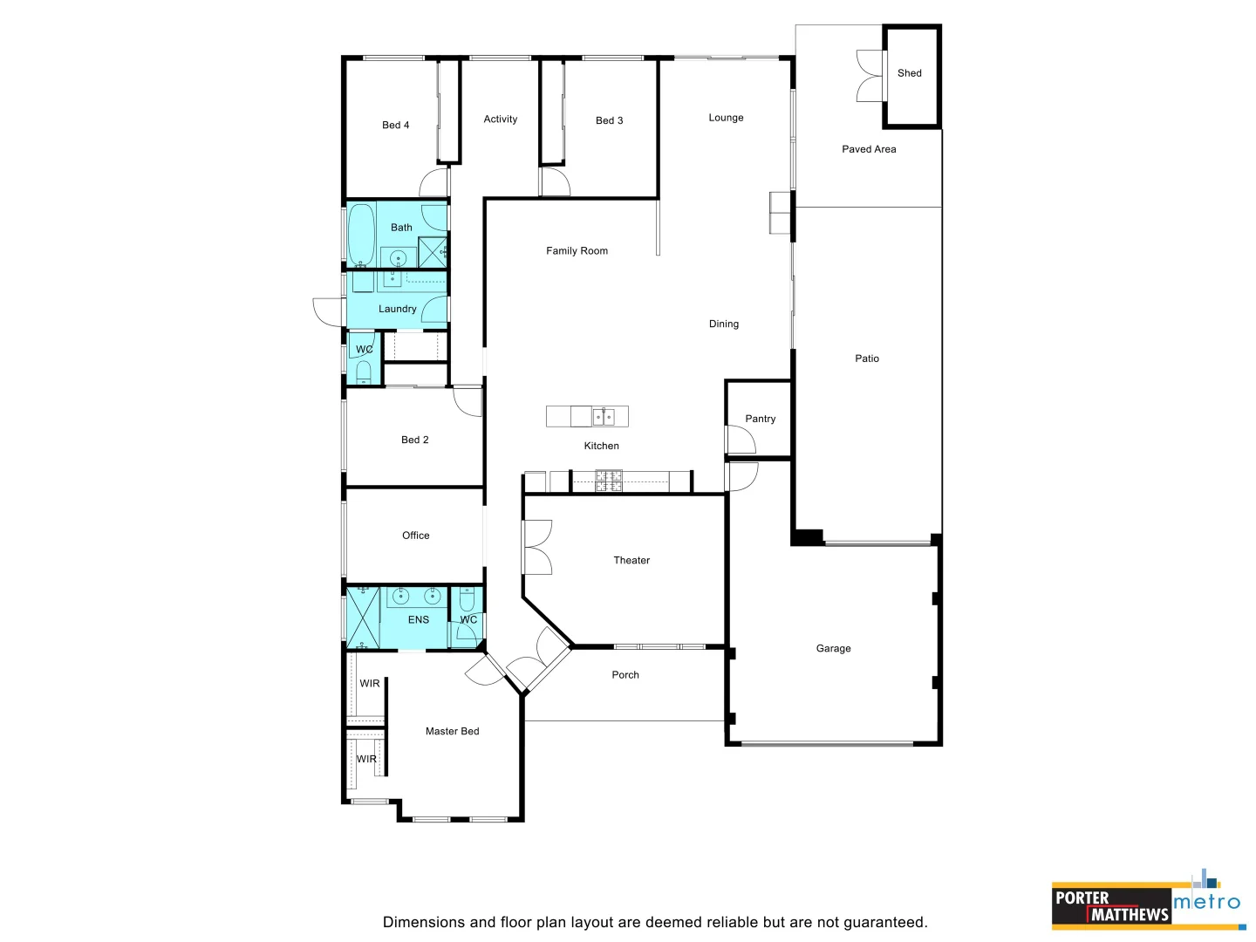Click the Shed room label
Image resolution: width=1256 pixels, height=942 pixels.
pyautogui.click(x=909, y=73)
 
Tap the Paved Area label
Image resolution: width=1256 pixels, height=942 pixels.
pyautogui.click(x=869, y=149)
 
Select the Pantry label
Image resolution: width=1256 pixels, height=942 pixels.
pyautogui.click(x=760, y=419)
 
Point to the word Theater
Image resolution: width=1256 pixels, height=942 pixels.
pyautogui.click(x=631, y=560)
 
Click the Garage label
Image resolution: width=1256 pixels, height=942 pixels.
pyautogui.click(x=833, y=648)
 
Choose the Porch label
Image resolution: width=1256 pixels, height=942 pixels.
pyautogui.click(x=625, y=674)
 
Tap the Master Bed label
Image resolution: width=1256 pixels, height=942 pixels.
pyautogui.click(x=452, y=731)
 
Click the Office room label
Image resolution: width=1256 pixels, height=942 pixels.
pyautogui.click(x=415, y=536)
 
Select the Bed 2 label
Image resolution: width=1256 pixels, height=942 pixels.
pyautogui.click(x=414, y=440)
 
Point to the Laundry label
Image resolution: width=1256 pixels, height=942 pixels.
pyautogui.click(x=397, y=309)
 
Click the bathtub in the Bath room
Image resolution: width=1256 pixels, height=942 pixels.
pyautogui.click(x=361, y=234)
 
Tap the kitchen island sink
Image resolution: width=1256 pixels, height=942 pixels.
pyautogui.click(x=604, y=417)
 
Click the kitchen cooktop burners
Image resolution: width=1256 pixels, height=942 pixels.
pyautogui.click(x=609, y=481)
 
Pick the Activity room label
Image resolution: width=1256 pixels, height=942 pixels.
pyautogui.click(x=500, y=119)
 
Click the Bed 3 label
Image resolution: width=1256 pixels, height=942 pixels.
pyautogui.click(x=609, y=120)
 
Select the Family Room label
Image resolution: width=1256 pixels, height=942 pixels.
pyautogui.click(x=577, y=250)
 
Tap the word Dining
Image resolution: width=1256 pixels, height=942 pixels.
pyautogui.click(x=723, y=324)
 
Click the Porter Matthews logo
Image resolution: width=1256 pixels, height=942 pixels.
pyautogui.click(x=1111, y=906)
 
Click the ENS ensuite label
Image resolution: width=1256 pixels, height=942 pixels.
pyautogui.click(x=418, y=619)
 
